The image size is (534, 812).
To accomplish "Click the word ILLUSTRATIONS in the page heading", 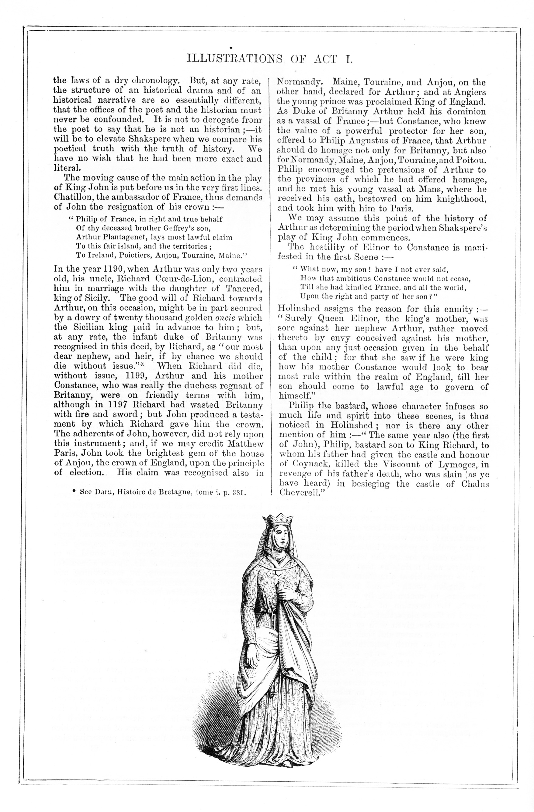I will click(234, 59).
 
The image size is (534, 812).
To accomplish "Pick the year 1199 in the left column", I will click(137, 376).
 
